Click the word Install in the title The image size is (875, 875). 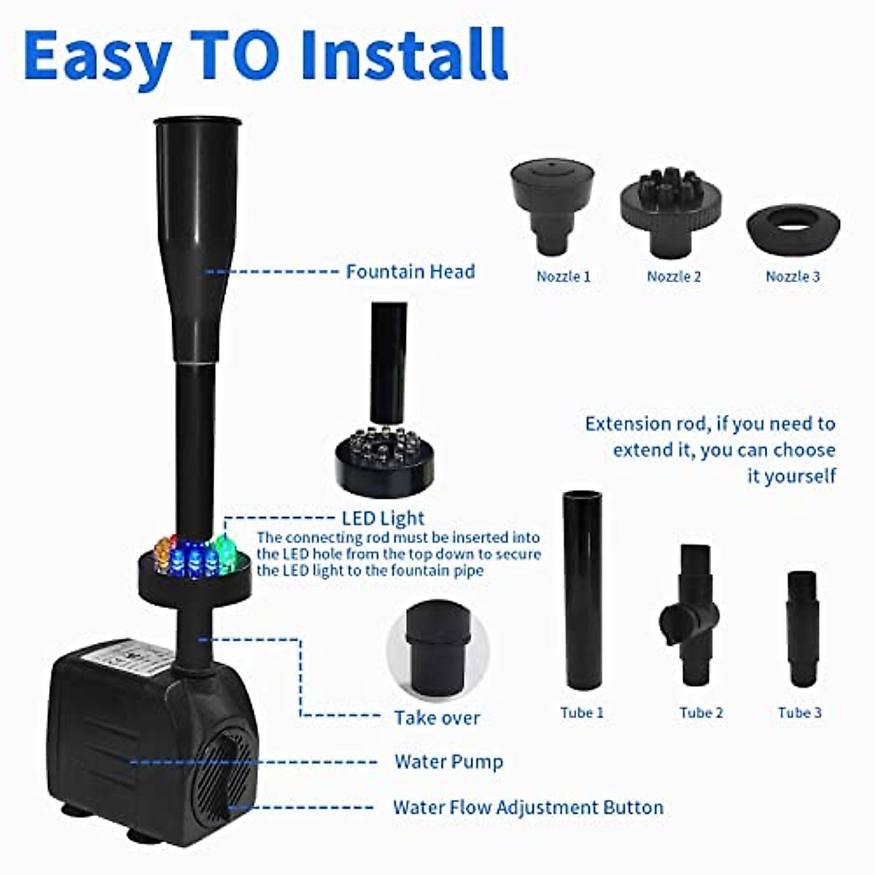pyautogui.click(x=405, y=54)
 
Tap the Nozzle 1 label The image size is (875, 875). pyautogui.click(x=563, y=277)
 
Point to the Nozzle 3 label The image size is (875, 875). pyautogui.click(x=793, y=277)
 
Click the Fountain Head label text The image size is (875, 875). pyautogui.click(x=410, y=272)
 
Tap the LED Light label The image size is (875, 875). pyautogui.click(x=383, y=518)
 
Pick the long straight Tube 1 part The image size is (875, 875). pyautogui.click(x=582, y=591)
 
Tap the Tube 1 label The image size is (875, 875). pyautogui.click(x=582, y=713)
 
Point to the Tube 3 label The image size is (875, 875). pyautogui.click(x=799, y=713)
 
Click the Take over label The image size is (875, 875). pyautogui.click(x=437, y=718)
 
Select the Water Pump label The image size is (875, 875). pyautogui.click(x=448, y=763)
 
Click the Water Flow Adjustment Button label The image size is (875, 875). pyautogui.click(x=528, y=808)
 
